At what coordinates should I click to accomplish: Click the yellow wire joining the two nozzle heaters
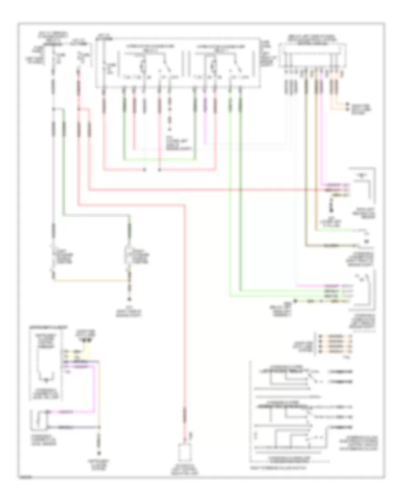[91, 281]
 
